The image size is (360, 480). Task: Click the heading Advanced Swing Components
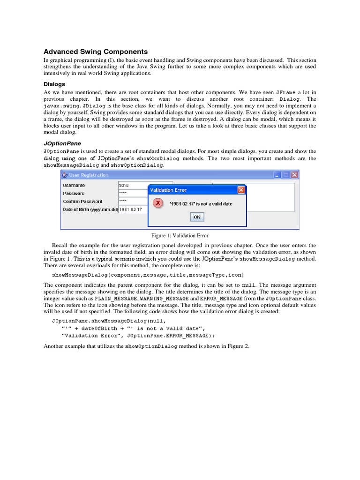pos(96,52)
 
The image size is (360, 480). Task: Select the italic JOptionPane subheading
pos(62,143)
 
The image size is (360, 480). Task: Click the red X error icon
pos(158,203)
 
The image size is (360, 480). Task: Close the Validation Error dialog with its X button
pos(241,190)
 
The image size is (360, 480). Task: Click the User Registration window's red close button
pos(294,175)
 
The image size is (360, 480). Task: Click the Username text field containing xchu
pos(145,185)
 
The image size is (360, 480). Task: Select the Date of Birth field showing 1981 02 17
pos(133,210)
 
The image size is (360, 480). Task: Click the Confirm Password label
pos(82,202)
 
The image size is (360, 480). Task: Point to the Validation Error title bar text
pos(168,190)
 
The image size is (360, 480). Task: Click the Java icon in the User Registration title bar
pos(65,175)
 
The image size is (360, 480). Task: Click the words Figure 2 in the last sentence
pos(240,346)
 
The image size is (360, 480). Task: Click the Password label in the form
pos(74,193)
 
